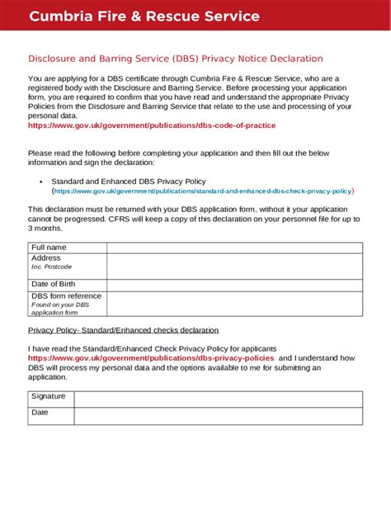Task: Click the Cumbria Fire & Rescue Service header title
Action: (144, 17)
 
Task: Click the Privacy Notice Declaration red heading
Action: (176, 59)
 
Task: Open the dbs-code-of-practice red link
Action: (152, 125)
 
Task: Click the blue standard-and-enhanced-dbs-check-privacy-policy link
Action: (203, 191)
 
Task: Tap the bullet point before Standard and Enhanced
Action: (41, 181)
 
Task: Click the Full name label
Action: (49, 248)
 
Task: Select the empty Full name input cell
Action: (234, 248)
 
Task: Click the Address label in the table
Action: (46, 258)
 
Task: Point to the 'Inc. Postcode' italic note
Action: (52, 267)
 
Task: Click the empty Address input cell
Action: (234, 266)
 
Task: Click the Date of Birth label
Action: (53, 285)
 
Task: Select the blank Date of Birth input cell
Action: (234, 285)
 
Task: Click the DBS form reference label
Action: (66, 295)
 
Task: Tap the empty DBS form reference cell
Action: (234, 304)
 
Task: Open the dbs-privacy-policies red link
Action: (151, 358)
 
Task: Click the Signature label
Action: (48, 397)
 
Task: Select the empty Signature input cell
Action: (219, 399)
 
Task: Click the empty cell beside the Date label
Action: (219, 415)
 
